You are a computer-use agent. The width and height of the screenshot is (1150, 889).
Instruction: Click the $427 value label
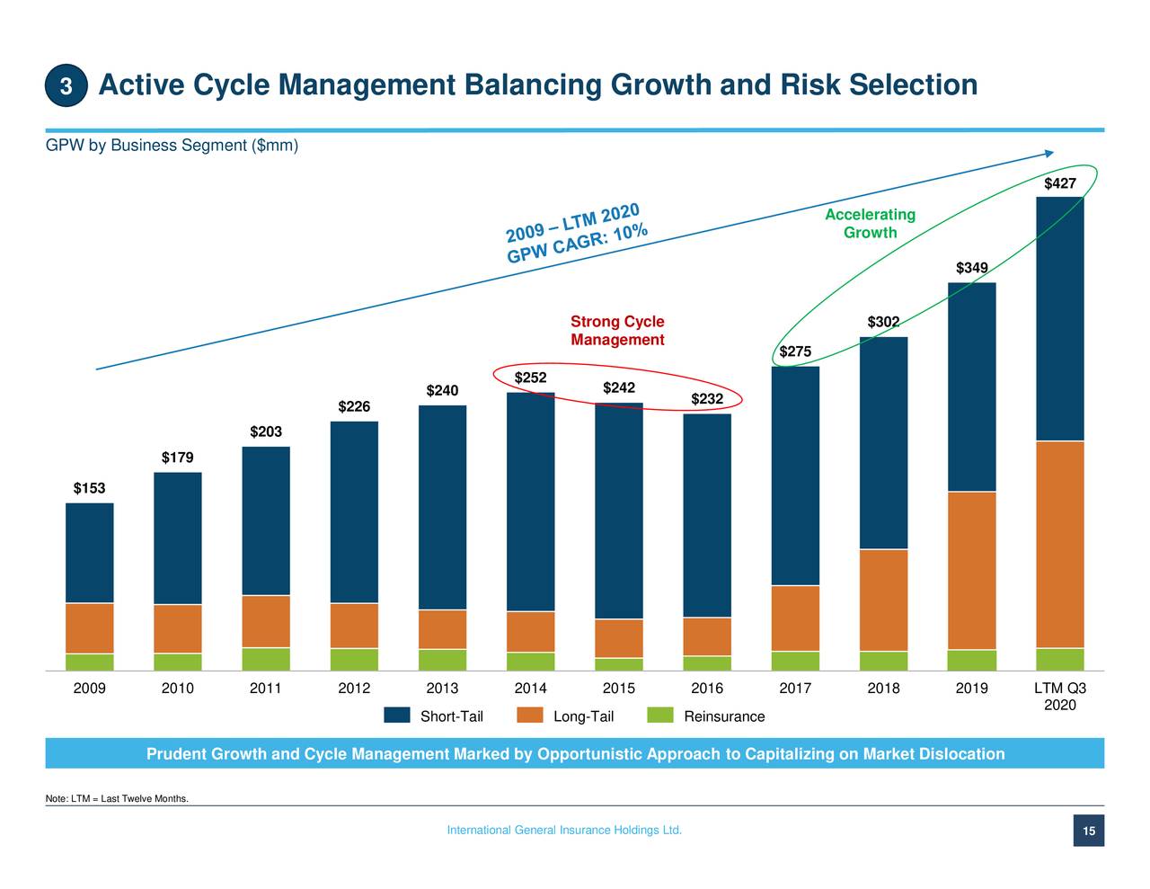point(1059,183)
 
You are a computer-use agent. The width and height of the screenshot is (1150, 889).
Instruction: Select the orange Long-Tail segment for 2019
point(971,570)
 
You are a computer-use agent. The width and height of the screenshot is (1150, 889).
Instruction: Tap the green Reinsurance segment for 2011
point(266,659)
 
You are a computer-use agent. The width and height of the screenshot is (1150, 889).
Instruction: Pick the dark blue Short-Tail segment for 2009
point(90,553)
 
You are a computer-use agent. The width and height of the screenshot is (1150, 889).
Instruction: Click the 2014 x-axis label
point(530,688)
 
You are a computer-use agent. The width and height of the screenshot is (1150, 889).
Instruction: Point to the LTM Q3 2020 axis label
point(1060,697)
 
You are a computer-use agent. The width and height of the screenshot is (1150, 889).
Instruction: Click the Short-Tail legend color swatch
point(397,716)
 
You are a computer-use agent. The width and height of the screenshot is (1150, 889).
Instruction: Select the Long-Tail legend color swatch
point(530,716)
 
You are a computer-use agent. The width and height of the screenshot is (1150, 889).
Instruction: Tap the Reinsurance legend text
point(724,716)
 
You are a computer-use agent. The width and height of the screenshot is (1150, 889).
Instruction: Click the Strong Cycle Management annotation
point(617,331)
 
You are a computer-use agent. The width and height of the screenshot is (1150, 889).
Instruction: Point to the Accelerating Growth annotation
point(870,224)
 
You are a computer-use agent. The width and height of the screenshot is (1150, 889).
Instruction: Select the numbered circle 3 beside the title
point(66,85)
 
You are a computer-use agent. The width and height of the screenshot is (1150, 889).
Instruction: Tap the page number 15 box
point(1089,831)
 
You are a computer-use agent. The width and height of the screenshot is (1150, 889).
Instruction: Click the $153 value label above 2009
point(90,488)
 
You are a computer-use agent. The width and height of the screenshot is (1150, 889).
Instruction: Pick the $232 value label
point(707,398)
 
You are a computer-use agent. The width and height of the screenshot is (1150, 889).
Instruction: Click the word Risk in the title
point(809,84)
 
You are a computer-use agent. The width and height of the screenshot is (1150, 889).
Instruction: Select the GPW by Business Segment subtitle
point(172,145)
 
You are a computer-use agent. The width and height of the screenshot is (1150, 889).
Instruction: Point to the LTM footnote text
point(117,798)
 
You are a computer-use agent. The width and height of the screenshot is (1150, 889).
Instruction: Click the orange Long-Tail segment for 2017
point(795,618)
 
